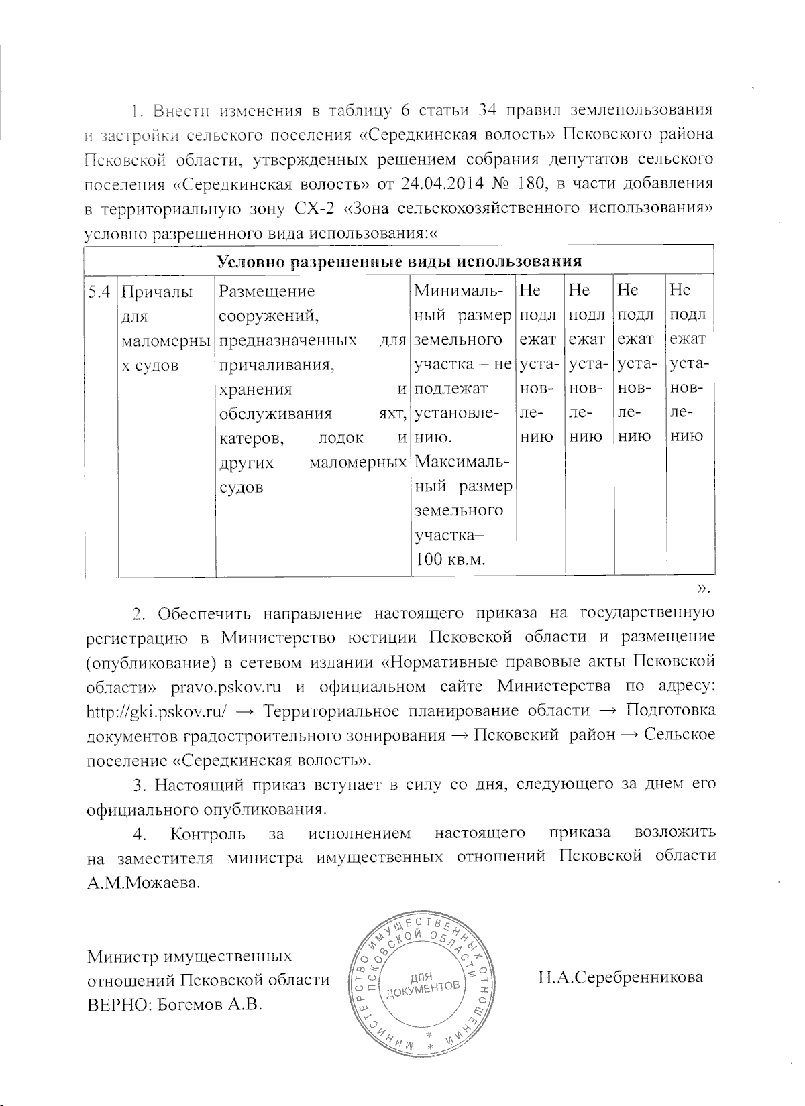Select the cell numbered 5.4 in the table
pyautogui.click(x=100, y=291)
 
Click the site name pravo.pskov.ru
pyautogui.click(x=225, y=686)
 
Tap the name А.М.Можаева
pyautogui.click(x=144, y=882)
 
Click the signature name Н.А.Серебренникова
pyautogui.click(x=621, y=977)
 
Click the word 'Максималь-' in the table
pyautogui.click(x=462, y=463)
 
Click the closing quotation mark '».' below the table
pyautogui.click(x=703, y=589)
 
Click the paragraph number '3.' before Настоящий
pyautogui.click(x=140, y=784)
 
